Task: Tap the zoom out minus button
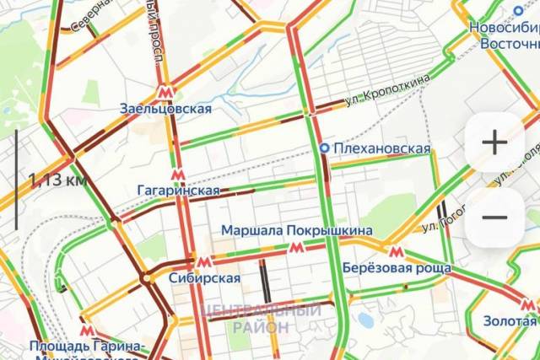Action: [494, 217]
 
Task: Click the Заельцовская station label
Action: [165, 109]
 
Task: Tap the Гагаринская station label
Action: [178, 191]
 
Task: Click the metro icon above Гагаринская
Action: [177, 175]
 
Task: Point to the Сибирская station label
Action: [203, 277]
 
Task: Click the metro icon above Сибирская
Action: [203, 261]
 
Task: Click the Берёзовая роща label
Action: [397, 268]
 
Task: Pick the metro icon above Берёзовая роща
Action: [395, 251]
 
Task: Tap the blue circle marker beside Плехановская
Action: [324, 148]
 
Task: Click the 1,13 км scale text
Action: [57, 180]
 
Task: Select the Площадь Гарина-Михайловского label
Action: [84, 347]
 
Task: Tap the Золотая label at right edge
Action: [510, 320]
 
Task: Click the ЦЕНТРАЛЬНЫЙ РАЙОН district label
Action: [262, 318]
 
